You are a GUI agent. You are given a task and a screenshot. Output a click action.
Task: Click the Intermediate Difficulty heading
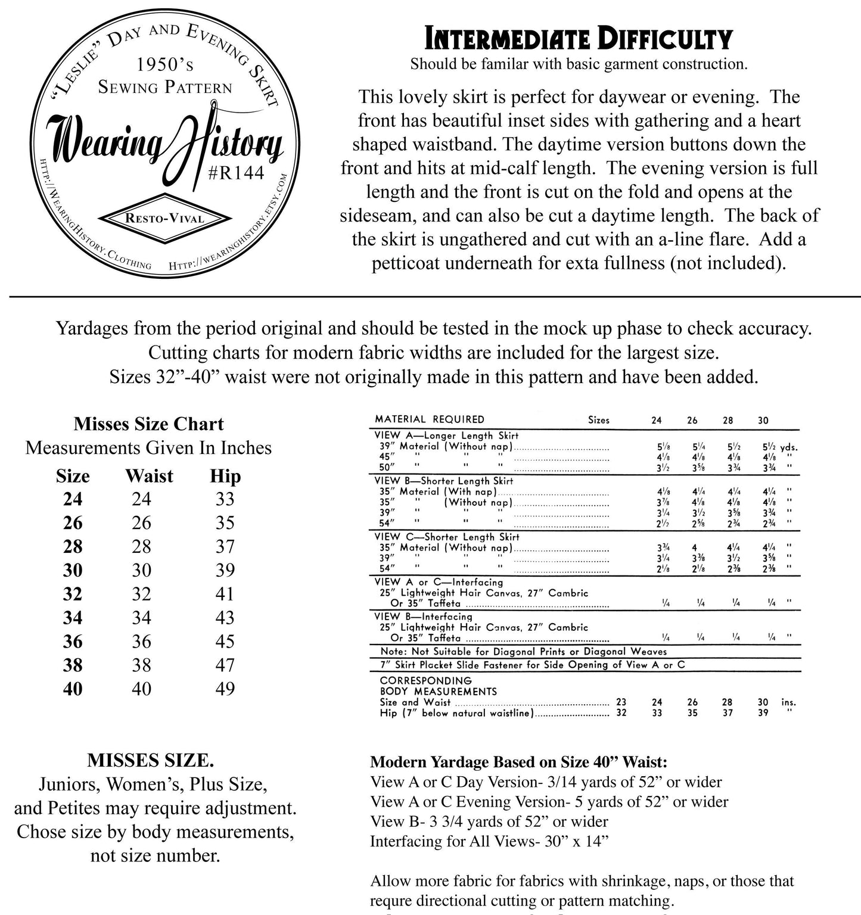pyautogui.click(x=578, y=39)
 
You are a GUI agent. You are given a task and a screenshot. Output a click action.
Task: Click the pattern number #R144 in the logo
pyautogui.click(x=236, y=173)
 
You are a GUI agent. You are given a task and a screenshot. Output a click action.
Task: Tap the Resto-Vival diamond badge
pyautogui.click(x=164, y=219)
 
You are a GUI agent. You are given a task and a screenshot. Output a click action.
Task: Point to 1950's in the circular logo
pyautogui.click(x=164, y=64)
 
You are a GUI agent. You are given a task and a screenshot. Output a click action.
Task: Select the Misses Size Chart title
pyautogui.click(x=148, y=424)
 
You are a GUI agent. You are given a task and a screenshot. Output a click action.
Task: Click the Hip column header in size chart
pyautogui.click(x=225, y=476)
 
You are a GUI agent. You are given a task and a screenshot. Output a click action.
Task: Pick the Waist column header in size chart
pyautogui.click(x=149, y=476)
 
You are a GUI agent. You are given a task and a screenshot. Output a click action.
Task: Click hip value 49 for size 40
pyautogui.click(x=225, y=689)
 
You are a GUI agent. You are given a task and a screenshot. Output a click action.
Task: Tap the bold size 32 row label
pyautogui.click(x=73, y=594)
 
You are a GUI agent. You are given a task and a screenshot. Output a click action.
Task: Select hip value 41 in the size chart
pyautogui.click(x=225, y=594)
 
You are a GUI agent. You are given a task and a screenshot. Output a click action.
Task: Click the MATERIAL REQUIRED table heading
pyautogui.click(x=430, y=419)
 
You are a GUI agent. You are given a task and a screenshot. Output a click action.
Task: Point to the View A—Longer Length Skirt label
pyautogui.click(x=446, y=435)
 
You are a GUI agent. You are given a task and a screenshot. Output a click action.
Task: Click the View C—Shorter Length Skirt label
pyautogui.click(x=447, y=537)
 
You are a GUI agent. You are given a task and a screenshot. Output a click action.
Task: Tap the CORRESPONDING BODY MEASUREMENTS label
pyautogui.click(x=438, y=686)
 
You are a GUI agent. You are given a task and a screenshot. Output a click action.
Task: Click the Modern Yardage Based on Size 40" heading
pyautogui.click(x=518, y=762)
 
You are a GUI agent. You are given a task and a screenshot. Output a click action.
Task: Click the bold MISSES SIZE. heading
pyautogui.click(x=151, y=761)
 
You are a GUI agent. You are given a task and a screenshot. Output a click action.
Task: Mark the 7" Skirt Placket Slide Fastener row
pyautogui.click(x=532, y=665)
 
